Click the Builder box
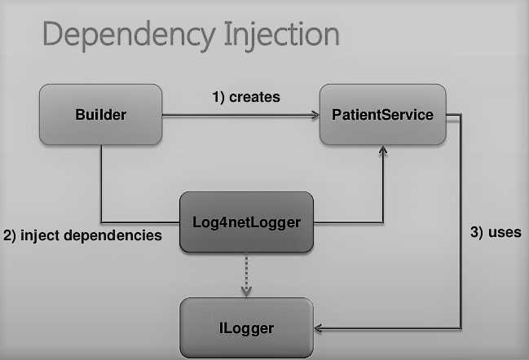click(100, 115)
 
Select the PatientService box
click(382, 115)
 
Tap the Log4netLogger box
click(246, 222)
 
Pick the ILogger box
click(246, 328)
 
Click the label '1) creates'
click(246, 97)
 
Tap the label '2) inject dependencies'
click(82, 235)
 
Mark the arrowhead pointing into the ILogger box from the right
click(319, 329)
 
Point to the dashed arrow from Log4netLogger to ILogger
click(246, 273)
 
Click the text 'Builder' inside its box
click(100, 115)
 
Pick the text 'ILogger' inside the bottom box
click(246, 328)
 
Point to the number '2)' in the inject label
click(10, 235)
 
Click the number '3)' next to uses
click(478, 232)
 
